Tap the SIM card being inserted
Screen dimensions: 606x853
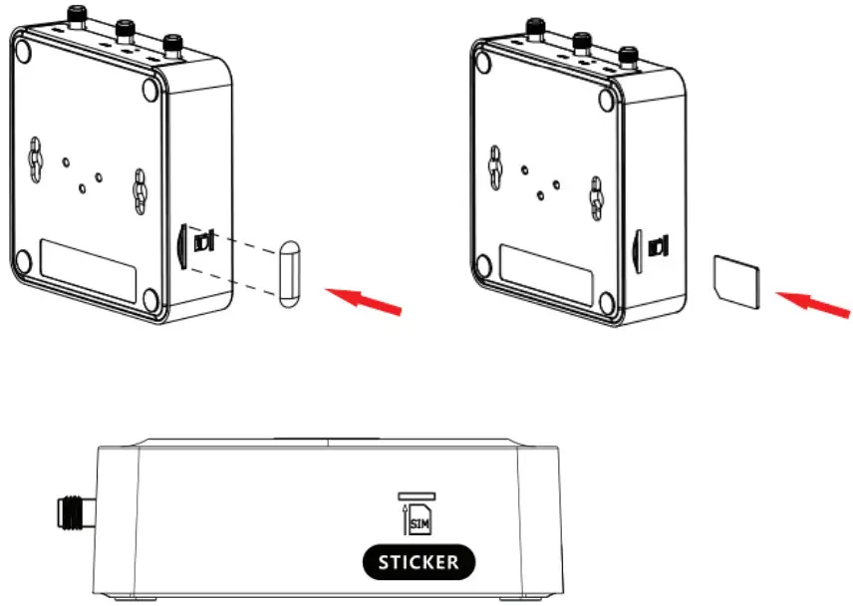tap(737, 278)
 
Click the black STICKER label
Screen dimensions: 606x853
tap(419, 561)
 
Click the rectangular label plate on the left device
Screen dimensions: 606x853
tap(89, 265)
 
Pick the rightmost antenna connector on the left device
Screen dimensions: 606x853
tap(172, 44)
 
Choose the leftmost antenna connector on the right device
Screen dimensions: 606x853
tap(533, 25)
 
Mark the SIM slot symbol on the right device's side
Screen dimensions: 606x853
tap(659, 245)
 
